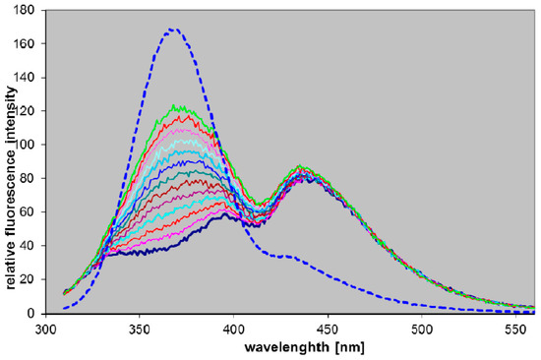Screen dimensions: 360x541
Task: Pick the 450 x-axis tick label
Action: [328, 330]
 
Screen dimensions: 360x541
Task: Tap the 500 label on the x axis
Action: [422, 330]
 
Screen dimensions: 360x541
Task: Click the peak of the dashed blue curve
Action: [173, 30]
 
